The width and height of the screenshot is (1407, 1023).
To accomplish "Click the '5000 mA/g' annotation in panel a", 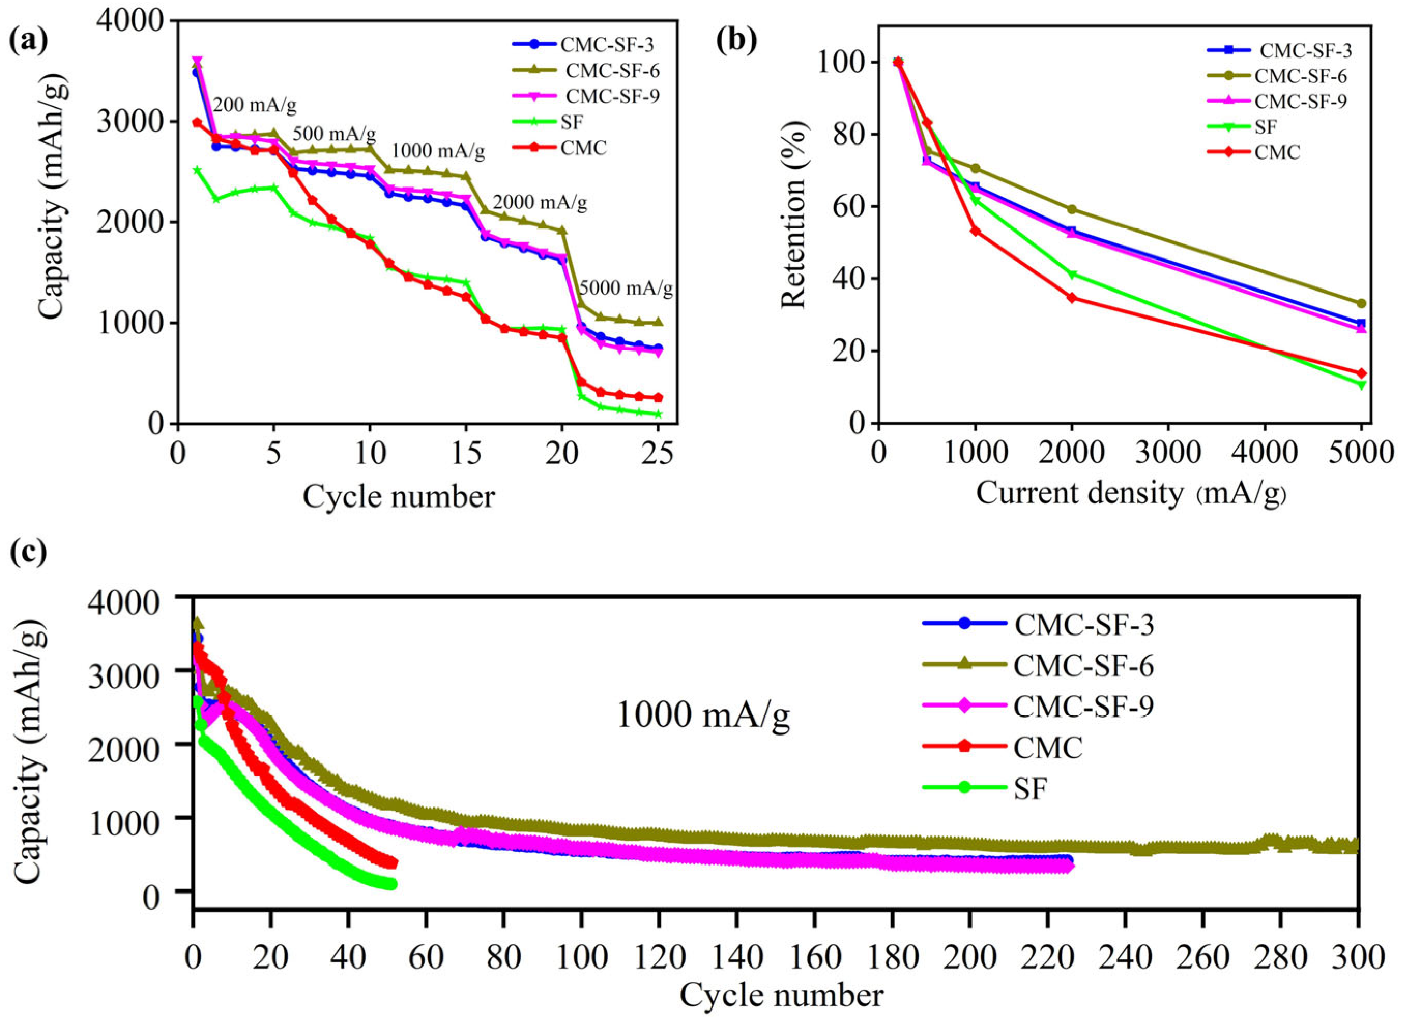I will [626, 289].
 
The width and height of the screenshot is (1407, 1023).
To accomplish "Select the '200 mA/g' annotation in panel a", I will [254, 106].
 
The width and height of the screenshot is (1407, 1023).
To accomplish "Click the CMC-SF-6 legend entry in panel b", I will [1297, 76].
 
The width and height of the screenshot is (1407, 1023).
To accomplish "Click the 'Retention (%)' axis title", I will [793, 225].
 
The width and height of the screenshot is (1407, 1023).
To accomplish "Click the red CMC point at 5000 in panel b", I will [1361, 373].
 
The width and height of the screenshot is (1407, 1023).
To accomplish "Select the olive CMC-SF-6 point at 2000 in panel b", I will [1071, 210].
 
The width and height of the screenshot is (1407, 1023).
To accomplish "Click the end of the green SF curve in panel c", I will [391, 885].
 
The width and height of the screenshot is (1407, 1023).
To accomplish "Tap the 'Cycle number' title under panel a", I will [399, 496].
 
